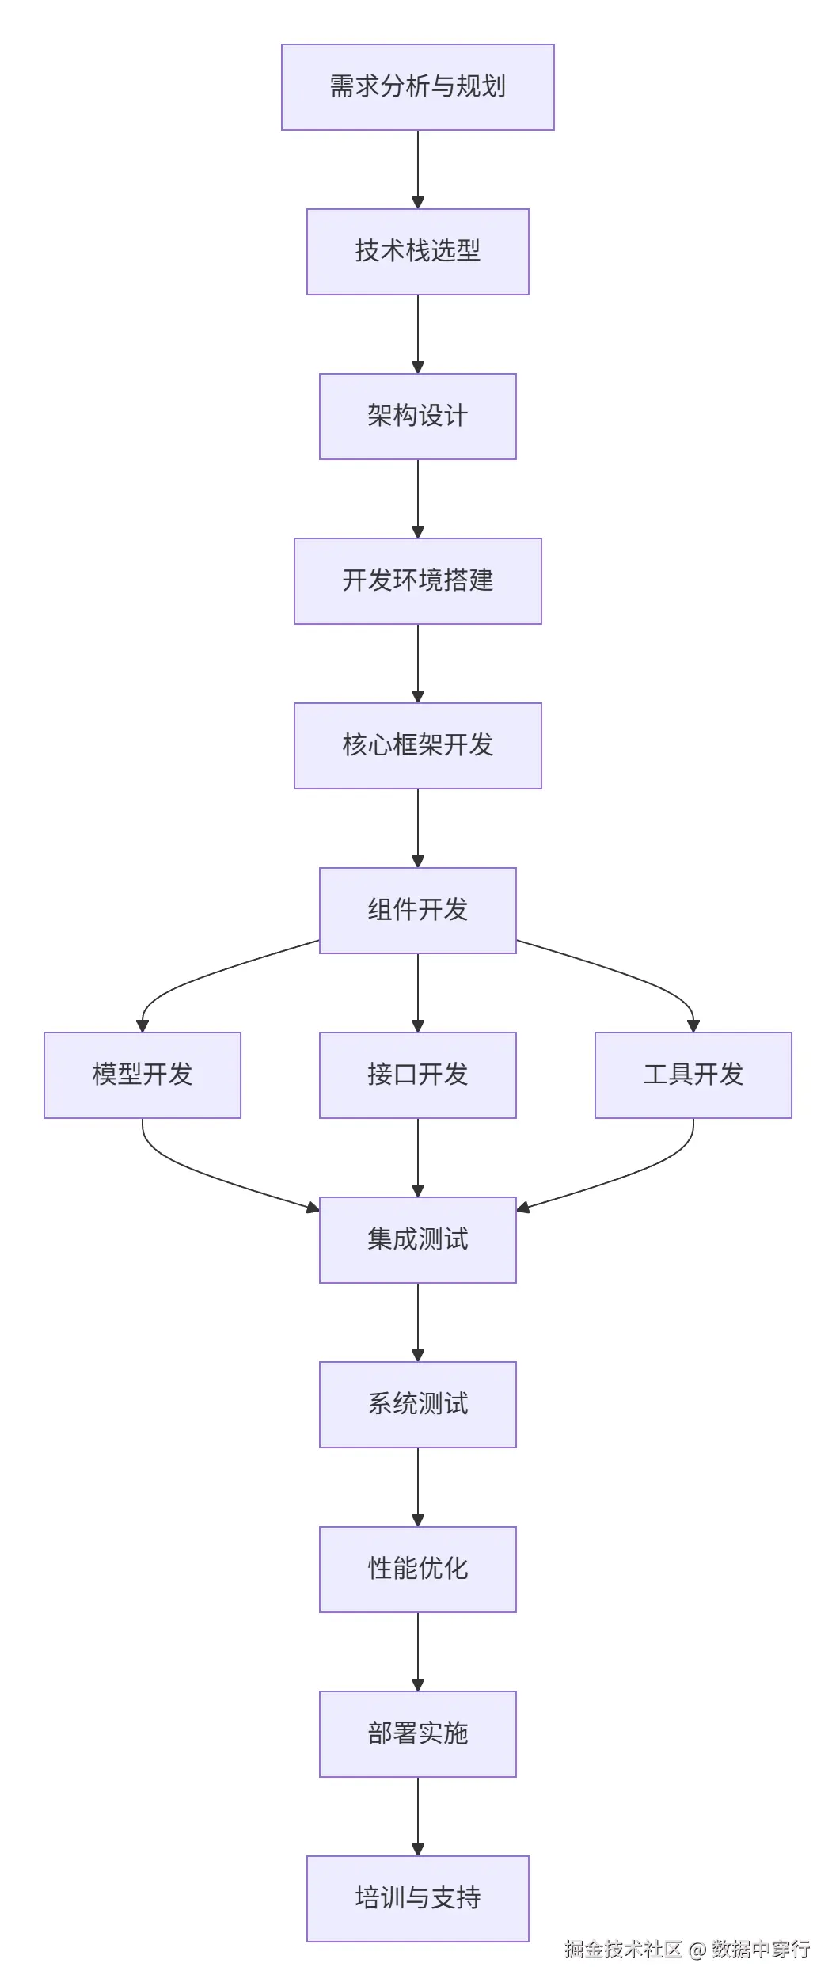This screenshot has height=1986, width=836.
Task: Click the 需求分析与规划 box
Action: (417, 87)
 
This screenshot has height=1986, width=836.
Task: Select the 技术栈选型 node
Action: (417, 252)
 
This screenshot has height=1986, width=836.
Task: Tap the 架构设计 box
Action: (417, 417)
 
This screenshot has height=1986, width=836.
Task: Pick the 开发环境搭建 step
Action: (417, 581)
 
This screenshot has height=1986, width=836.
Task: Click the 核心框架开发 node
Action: (417, 746)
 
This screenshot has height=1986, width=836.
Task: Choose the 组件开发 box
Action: (417, 911)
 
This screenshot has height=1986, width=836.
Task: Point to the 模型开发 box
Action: (142, 1075)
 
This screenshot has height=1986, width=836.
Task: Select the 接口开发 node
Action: (417, 1075)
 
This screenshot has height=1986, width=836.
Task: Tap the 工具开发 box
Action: (693, 1075)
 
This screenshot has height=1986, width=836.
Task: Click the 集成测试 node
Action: (417, 1240)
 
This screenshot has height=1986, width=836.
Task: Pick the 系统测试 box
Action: (417, 1405)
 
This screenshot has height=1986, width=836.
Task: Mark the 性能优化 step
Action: (417, 1569)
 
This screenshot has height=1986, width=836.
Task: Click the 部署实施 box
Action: (417, 1734)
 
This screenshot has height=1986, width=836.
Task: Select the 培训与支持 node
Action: (417, 1899)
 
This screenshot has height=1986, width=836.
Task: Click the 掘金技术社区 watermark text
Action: (623, 1949)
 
